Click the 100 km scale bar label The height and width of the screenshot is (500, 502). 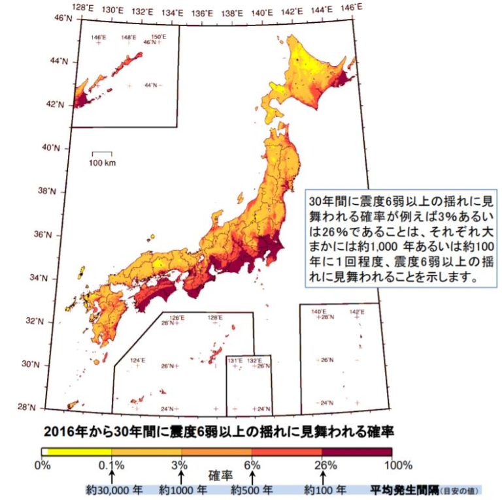[x=102, y=163]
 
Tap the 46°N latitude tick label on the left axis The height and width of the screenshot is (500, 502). [x=63, y=18]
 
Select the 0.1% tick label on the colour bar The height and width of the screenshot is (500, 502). [x=112, y=465]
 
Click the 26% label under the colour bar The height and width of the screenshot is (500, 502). [x=324, y=465]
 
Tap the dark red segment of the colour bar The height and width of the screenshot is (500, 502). [x=357, y=451]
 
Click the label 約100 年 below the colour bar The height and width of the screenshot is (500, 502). [x=324, y=489]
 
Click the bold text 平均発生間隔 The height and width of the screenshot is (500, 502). [x=403, y=489]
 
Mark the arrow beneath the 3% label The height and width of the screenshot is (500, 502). [x=181, y=477]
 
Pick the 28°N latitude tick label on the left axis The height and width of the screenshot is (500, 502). [x=63, y=407]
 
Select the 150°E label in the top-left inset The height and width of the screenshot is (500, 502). [x=157, y=37]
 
